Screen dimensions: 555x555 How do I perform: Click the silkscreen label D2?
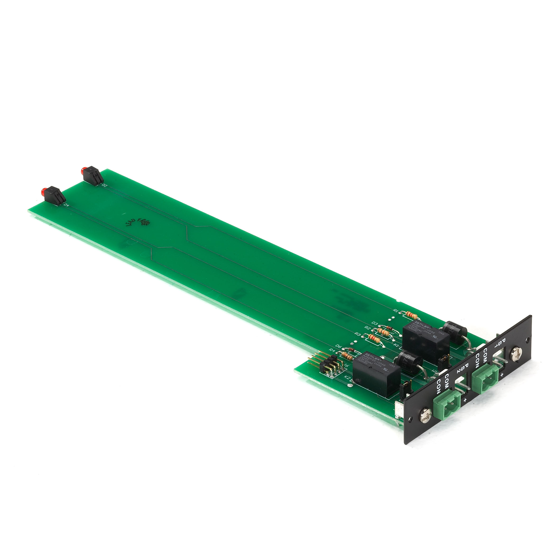coord(104,186)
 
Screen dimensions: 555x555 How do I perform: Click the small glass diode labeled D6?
coord(351,350)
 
